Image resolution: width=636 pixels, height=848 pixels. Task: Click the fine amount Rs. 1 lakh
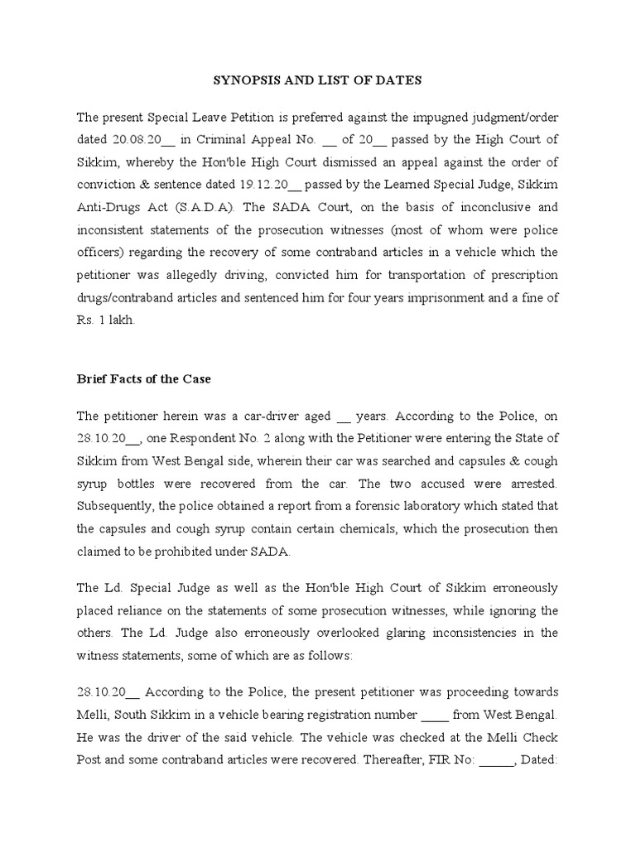(x=104, y=320)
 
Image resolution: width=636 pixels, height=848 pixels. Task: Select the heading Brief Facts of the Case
(x=144, y=379)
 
